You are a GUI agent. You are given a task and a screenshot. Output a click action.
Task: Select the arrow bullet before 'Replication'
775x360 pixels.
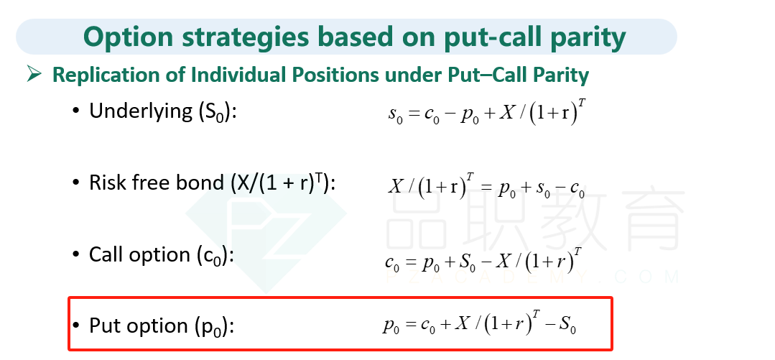pyautogui.click(x=34, y=75)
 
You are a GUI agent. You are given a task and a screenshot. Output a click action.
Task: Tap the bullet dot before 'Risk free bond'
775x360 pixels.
pyautogui.click(x=75, y=183)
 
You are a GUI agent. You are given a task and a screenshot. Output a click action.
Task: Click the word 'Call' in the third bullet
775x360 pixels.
pyautogui.click(x=104, y=254)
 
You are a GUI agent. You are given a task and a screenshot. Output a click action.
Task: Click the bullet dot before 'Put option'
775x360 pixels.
pyautogui.click(x=75, y=326)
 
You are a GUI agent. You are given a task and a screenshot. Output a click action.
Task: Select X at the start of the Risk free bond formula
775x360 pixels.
pyautogui.click(x=396, y=186)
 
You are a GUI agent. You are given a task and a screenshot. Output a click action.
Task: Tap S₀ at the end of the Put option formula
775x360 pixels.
pyautogui.click(x=568, y=326)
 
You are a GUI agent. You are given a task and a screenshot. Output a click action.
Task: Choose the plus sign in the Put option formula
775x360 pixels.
pyautogui.click(x=446, y=324)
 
